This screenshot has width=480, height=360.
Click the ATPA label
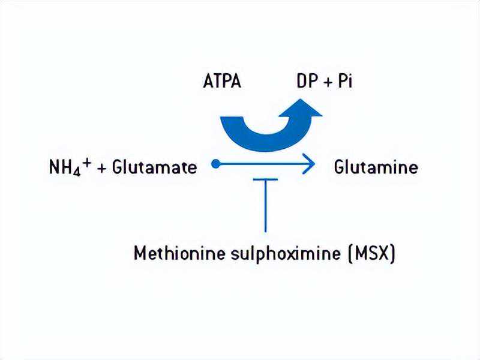click(222, 82)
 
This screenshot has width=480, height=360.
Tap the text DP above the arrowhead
click(306, 81)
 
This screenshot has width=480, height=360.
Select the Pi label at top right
click(345, 81)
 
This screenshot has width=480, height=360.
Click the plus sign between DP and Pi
click(327, 83)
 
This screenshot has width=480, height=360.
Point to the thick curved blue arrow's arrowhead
click(301, 109)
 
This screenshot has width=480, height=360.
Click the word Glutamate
click(155, 167)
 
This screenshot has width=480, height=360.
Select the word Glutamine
click(376, 167)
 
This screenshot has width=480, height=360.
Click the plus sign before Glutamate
click(101, 169)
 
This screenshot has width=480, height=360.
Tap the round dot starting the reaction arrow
click(216, 164)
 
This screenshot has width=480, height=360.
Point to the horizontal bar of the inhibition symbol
click(265, 179)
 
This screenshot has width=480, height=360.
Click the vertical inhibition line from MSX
click(265, 206)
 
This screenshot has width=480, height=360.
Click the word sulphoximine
click(286, 254)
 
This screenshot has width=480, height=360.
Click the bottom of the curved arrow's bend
click(266, 151)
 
